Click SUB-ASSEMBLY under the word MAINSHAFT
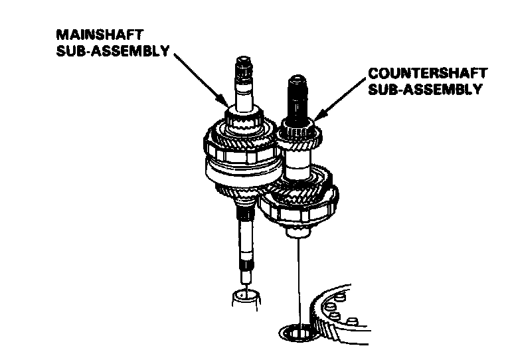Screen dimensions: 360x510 [111, 50]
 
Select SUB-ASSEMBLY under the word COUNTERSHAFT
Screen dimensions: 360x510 [424, 90]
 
